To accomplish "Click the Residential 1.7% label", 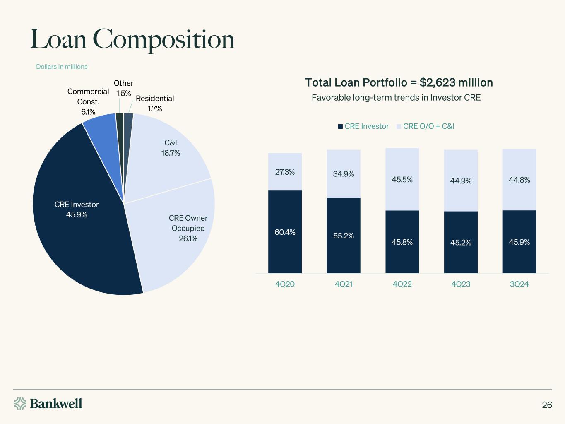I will [155, 104].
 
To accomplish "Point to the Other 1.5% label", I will [123, 88].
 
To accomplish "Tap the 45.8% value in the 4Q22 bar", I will [402, 242].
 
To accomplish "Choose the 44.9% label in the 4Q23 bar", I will [461, 181].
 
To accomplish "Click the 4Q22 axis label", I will [402, 284].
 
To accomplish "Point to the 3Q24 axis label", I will [519, 284].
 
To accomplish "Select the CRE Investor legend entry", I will [363, 126].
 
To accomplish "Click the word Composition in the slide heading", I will [166, 40].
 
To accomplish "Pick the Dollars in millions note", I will [62, 67].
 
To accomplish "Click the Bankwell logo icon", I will [20, 403].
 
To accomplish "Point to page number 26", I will [547, 405].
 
